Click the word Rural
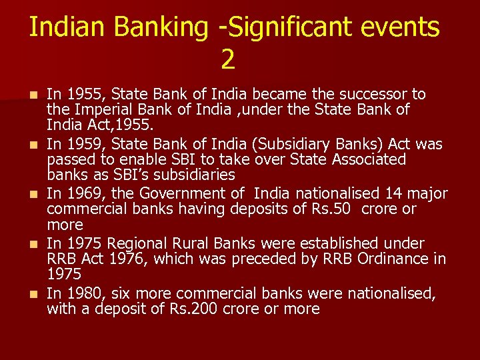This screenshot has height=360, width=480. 197,243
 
